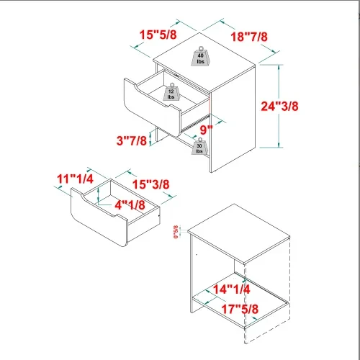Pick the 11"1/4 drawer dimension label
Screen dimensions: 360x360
click(x=76, y=178)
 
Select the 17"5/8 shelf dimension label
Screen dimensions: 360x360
click(x=240, y=309)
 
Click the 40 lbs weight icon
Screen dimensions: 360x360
click(x=201, y=57)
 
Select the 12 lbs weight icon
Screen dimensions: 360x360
click(x=171, y=94)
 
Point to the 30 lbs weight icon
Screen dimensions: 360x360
click(x=199, y=147)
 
